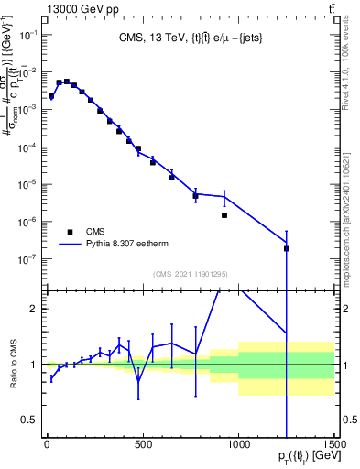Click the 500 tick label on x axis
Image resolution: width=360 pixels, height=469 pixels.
pyautogui.click(x=142, y=444)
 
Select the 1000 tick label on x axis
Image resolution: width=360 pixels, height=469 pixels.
pyautogui.click(x=238, y=444)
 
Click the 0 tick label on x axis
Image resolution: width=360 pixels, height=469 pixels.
pyautogui.click(x=47, y=444)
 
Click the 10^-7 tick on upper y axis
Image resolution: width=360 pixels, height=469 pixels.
pyautogui.click(x=27, y=259)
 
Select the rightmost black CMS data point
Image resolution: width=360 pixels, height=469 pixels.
pyautogui.click(x=287, y=248)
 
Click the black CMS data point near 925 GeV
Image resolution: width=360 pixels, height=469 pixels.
pyautogui.click(x=224, y=215)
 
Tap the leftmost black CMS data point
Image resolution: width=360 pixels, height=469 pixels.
pyautogui.click(x=51, y=96)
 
